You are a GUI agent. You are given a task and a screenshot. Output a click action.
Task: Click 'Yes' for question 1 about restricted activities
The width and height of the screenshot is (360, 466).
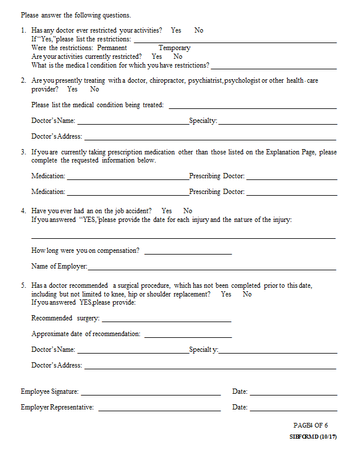[176, 30]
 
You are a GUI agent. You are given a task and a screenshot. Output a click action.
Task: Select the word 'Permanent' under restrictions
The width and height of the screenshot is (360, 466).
[112, 48]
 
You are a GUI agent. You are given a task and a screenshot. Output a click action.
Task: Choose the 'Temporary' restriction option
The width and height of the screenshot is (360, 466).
[174, 48]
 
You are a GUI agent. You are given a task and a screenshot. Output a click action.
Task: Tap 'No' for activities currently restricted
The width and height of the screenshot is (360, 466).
[178, 57]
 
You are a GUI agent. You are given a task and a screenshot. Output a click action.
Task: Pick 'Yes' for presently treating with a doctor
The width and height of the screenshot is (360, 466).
[72, 89]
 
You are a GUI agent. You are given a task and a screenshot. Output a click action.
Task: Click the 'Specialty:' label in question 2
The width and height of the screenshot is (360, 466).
[203, 121]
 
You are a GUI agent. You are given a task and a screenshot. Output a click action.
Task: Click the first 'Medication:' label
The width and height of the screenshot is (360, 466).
[48, 175]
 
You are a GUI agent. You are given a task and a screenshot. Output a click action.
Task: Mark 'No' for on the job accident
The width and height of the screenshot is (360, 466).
[188, 211]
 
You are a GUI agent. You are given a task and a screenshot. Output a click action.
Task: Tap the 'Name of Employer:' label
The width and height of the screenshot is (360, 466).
[59, 266]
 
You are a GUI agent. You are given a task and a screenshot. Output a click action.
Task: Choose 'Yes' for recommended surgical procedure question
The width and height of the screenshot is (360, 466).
[226, 294]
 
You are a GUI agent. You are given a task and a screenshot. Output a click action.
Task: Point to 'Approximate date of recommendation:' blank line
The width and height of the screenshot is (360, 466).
[188, 337]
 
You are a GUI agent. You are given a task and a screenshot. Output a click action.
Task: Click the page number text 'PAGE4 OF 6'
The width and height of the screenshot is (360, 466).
[310, 425]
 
